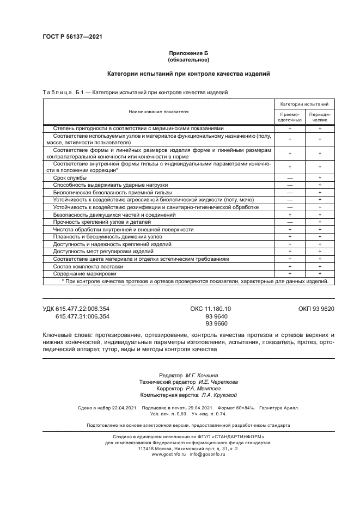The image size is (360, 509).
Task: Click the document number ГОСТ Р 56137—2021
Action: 72,37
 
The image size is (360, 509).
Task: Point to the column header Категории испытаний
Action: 304,103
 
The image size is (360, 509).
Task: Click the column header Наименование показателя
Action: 158,111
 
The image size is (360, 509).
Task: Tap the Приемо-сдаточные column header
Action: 289,117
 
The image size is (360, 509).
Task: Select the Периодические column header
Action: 319,117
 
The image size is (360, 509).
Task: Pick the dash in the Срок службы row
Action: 289,177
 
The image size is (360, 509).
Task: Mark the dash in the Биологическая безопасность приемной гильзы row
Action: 289,192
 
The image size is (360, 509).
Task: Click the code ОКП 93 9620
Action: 316,309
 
